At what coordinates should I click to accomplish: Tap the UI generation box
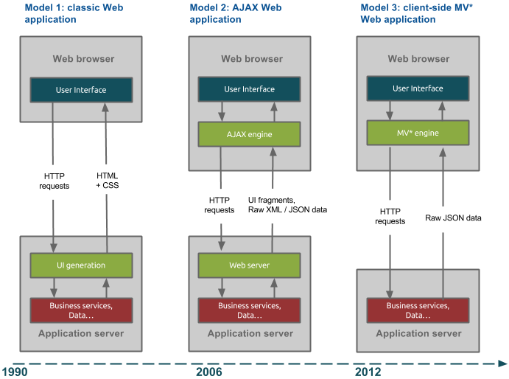[x=81, y=265]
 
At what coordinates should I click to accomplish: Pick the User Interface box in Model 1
[x=81, y=90]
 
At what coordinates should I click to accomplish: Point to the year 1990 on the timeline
[x=14, y=372]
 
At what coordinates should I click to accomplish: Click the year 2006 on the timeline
[x=208, y=372]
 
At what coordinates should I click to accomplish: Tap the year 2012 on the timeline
[x=368, y=372]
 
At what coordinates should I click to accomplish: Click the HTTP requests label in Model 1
[x=54, y=181]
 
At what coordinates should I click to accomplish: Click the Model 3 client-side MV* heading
[x=416, y=13]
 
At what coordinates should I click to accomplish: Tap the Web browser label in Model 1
[x=81, y=58]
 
